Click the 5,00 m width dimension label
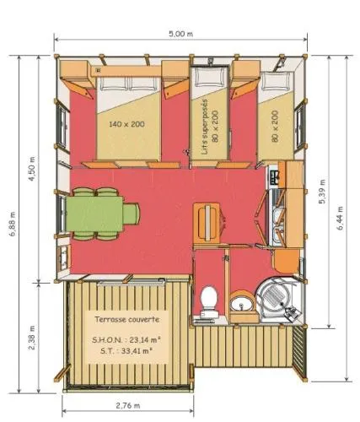(180, 33)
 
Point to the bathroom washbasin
(240, 302)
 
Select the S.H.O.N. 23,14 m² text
(126, 338)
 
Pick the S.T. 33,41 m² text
(126, 350)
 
